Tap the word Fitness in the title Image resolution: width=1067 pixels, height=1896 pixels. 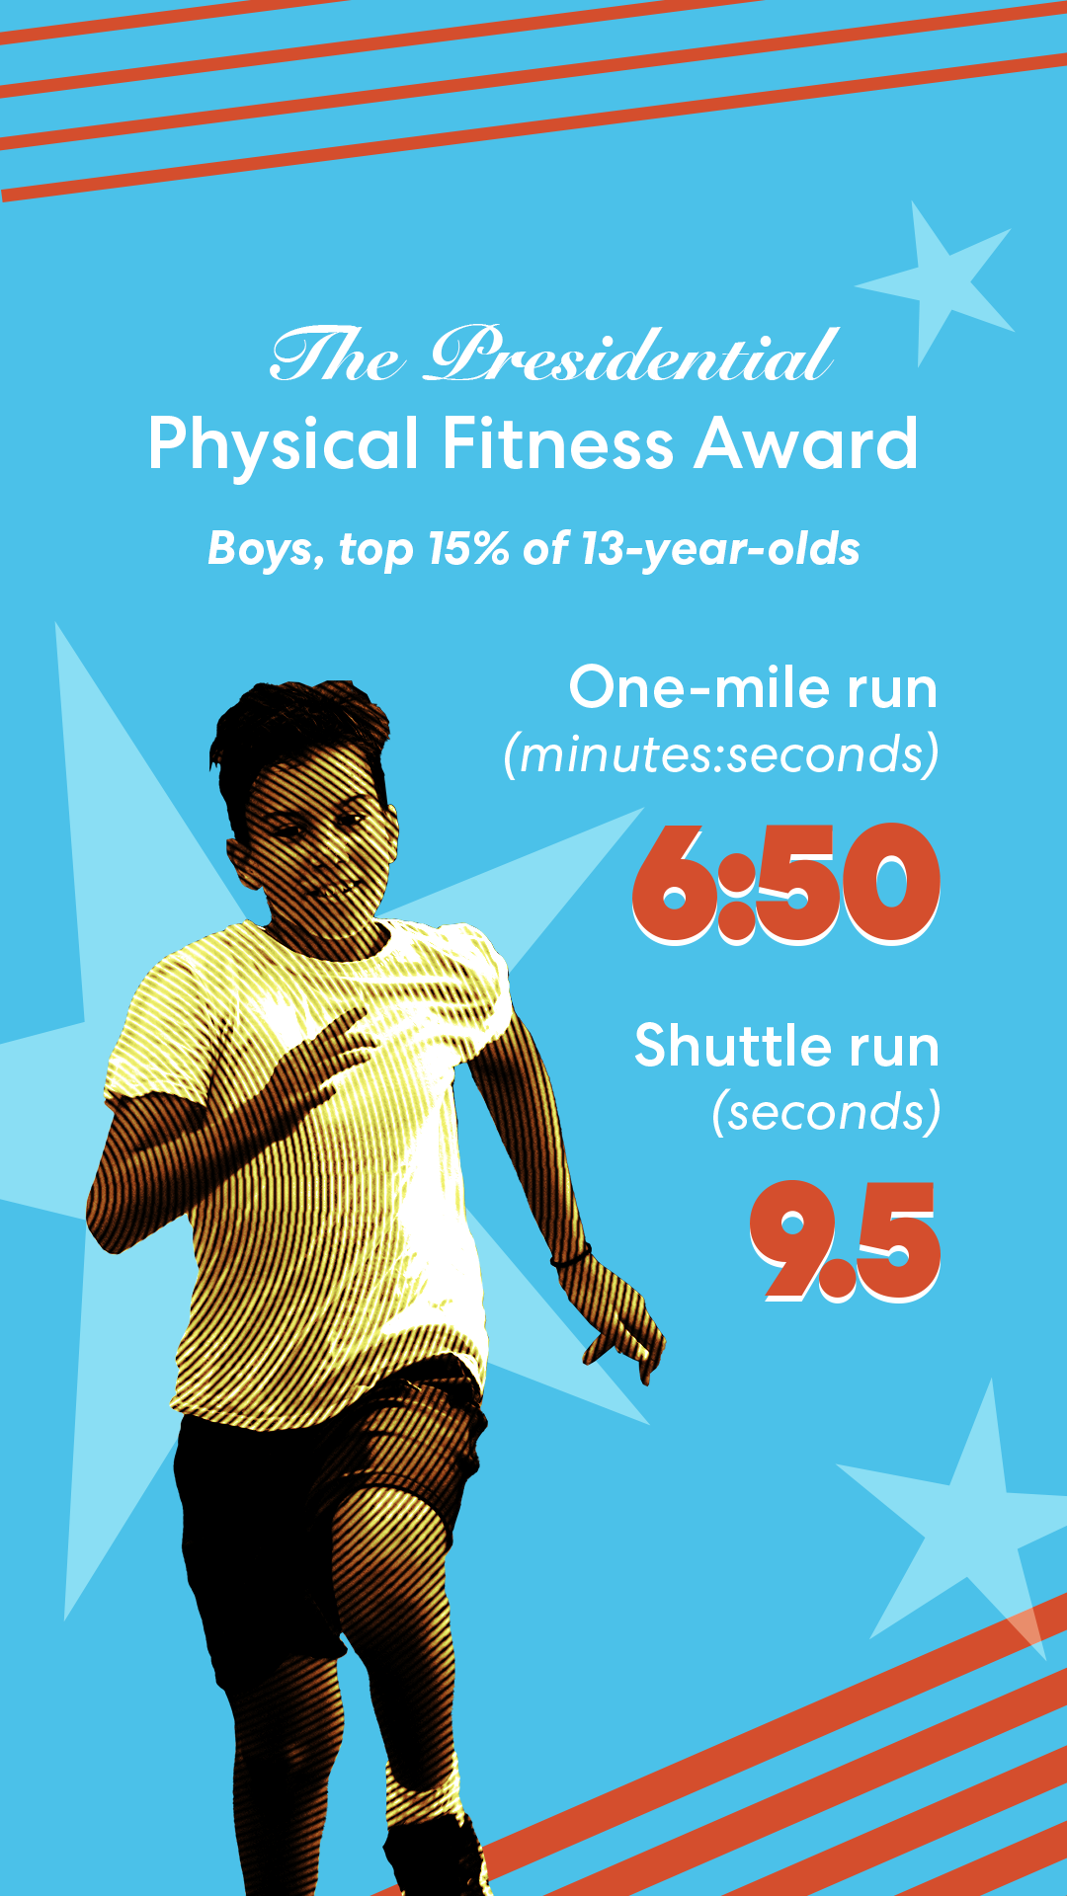click(557, 444)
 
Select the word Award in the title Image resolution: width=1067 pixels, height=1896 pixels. click(805, 444)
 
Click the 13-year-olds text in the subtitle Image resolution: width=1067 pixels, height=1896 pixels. click(720, 549)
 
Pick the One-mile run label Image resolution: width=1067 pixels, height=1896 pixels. click(753, 688)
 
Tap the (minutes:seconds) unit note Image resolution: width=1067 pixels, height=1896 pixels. click(721, 755)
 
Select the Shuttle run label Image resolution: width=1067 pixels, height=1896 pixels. click(786, 1046)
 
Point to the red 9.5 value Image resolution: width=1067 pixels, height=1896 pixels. click(845, 1240)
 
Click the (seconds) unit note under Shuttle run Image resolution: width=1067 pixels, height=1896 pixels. click(826, 1113)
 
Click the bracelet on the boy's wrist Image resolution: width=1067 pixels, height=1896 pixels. click(571, 1258)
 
